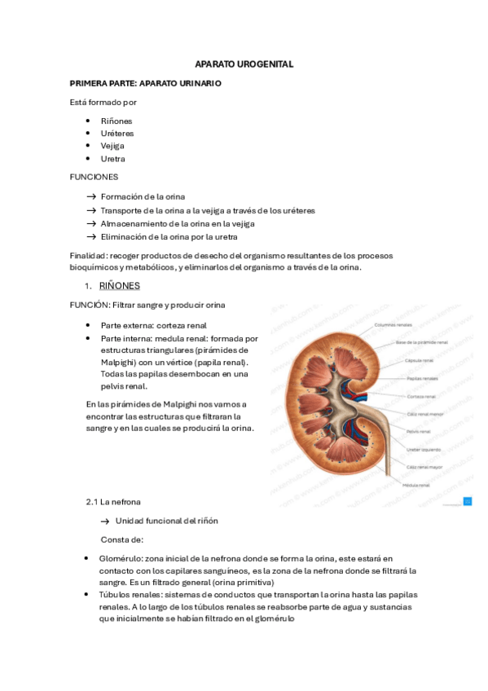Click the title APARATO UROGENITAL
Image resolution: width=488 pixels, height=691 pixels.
point(244,64)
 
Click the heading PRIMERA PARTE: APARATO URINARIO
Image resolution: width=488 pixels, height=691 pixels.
point(145,83)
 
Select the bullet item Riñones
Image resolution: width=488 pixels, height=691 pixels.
point(117,121)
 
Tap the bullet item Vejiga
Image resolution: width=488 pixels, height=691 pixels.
point(112,146)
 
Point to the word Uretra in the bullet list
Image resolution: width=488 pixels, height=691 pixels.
point(112,159)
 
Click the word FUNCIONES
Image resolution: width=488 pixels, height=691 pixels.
point(94,177)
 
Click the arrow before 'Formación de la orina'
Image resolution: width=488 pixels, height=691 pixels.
point(91,196)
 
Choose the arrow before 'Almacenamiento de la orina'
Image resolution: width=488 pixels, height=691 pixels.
point(91,223)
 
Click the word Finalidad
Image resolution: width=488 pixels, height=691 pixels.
point(88,256)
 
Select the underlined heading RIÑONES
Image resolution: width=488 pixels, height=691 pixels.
point(119,286)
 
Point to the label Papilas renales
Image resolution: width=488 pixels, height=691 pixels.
point(422,378)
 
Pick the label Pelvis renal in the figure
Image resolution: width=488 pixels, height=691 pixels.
point(419,431)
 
